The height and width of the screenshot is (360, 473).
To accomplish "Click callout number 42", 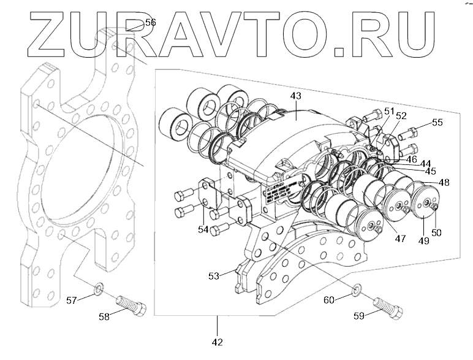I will (x=217, y=341).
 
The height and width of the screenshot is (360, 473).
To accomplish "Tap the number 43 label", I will (x=296, y=96).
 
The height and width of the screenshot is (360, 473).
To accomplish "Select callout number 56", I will (x=149, y=23).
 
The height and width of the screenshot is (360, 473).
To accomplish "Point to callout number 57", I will (x=72, y=300).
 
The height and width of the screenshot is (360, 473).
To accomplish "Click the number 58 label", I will (x=106, y=316).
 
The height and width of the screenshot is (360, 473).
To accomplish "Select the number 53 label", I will (x=213, y=276).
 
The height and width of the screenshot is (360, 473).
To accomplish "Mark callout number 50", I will (x=436, y=233).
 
